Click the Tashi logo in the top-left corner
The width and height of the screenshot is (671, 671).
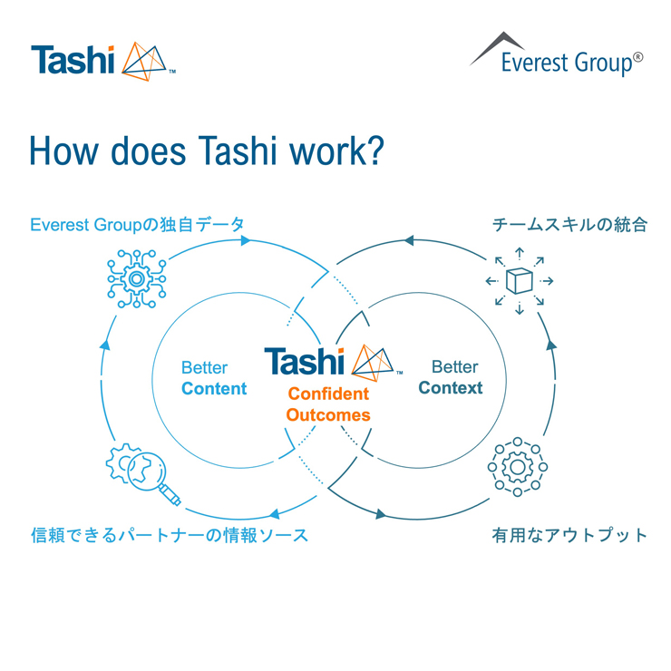102,59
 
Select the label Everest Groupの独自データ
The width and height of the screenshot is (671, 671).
138,224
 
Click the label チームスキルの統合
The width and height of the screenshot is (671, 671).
569,224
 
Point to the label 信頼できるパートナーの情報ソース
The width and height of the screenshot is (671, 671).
170,534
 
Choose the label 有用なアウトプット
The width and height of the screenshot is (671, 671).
569,534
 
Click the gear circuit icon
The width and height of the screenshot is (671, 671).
137,277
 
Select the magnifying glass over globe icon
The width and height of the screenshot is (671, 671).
143,473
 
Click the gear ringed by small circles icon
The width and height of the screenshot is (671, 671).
518,467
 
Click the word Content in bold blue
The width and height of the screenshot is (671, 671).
214,389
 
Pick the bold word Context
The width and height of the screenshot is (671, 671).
451,388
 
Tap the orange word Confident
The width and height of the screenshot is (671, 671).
328,394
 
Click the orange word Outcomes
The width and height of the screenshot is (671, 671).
328,415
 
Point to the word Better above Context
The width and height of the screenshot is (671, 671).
454,367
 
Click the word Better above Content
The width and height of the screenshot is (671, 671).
205,368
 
